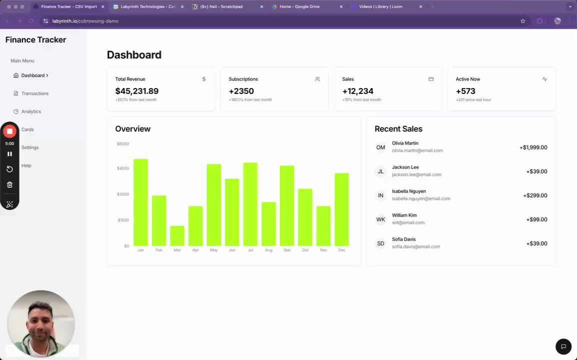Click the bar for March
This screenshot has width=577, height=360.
click(177, 235)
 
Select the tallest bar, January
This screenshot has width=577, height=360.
click(140, 202)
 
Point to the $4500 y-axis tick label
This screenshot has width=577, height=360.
click(122, 168)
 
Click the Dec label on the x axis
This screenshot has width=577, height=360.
click(341, 250)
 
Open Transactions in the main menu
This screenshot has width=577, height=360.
click(34, 93)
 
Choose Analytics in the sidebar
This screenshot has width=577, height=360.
click(31, 111)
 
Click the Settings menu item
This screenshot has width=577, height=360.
click(30, 147)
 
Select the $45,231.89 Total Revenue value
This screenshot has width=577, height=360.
click(136, 91)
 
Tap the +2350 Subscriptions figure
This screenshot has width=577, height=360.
click(241, 91)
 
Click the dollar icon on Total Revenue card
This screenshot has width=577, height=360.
click(204, 79)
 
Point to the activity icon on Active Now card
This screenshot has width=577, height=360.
click(544, 79)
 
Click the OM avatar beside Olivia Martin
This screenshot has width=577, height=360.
click(380, 147)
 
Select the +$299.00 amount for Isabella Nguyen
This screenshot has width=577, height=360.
click(535, 195)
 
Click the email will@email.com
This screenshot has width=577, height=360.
click(408, 222)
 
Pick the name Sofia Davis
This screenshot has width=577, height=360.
click(403, 239)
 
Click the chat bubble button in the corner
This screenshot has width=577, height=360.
click(563, 346)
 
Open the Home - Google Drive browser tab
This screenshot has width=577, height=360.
click(300, 7)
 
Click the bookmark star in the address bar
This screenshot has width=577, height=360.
click(523, 21)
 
